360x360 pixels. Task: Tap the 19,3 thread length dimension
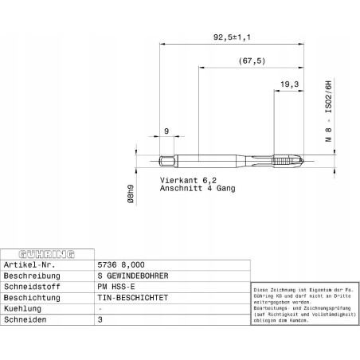(290, 84)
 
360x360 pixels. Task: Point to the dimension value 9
(166, 131)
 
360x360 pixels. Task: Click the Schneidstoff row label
(29, 286)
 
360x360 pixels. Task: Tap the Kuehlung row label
(23, 308)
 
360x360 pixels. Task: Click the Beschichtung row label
(30, 297)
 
